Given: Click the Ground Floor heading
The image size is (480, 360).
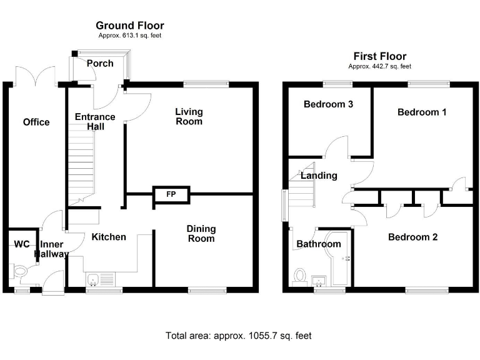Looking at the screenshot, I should tap(130, 26).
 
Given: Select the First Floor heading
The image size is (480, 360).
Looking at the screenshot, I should tap(379, 56).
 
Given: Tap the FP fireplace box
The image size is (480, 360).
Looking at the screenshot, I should tap(170, 194).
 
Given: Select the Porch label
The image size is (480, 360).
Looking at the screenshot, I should tap(100, 63).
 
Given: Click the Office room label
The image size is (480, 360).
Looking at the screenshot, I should tap(36, 122).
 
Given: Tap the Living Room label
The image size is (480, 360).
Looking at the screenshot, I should tap(189, 116).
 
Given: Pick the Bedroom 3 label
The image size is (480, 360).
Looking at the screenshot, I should tap(328, 104).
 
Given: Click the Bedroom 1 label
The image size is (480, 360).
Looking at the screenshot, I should tap(422, 112).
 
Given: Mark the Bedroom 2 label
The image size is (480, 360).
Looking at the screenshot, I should tap(412, 237).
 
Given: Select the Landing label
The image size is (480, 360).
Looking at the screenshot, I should tap(319, 176).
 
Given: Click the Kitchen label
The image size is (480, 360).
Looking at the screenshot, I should tap(109, 237).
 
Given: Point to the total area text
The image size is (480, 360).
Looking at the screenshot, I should tap(238, 336).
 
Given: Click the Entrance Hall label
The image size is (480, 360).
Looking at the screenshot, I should tap(95, 121).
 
